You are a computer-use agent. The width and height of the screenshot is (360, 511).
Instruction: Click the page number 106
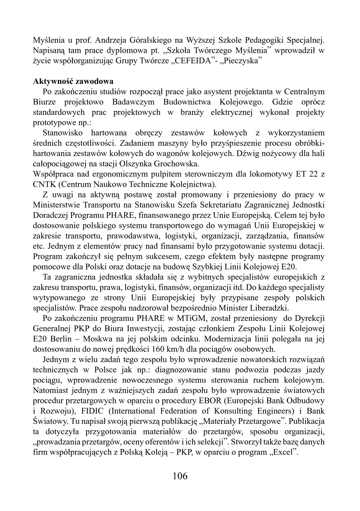pyautogui.click(x=180, y=476)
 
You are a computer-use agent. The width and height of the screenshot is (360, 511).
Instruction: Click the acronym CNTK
pyautogui.click(x=44, y=184)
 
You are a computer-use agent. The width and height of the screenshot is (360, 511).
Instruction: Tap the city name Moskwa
pyautogui.click(x=100, y=339)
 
